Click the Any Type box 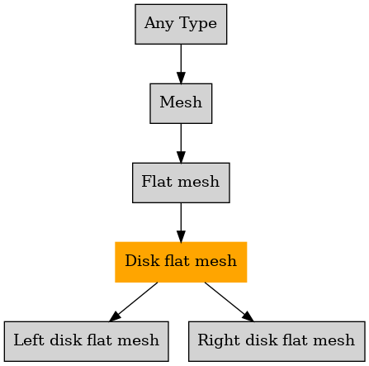coord(181,24)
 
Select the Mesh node coord(181,103)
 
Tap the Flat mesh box coord(181,183)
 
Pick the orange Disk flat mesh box coord(181,262)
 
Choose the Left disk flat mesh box coord(86,341)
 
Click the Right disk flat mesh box coord(277,341)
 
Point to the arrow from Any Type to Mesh coord(181,64)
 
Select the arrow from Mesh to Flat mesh coord(181,143)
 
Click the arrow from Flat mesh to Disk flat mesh coord(181,222)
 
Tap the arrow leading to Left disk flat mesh coord(134,302)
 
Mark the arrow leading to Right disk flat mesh coord(229,302)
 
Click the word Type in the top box coord(198,24)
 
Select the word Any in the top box coord(159,24)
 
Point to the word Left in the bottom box coord(29,340)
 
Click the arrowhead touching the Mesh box coord(181,78)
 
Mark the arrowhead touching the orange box coord(181,236)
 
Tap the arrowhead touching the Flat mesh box coord(181,157)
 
